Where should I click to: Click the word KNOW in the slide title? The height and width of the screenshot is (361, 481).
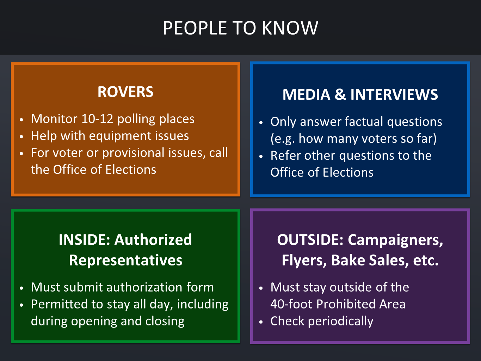290,28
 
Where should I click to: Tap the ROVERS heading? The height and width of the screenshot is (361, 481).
125,92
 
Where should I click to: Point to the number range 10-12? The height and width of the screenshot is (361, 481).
97,119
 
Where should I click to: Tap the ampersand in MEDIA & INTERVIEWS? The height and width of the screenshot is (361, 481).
340,94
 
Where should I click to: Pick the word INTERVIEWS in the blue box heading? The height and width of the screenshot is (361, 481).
394,94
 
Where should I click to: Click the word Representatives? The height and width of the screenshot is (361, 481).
125,260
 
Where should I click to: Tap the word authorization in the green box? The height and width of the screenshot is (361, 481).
144,287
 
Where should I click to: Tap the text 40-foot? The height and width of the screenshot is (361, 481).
291,304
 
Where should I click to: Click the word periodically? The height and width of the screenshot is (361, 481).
340,321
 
